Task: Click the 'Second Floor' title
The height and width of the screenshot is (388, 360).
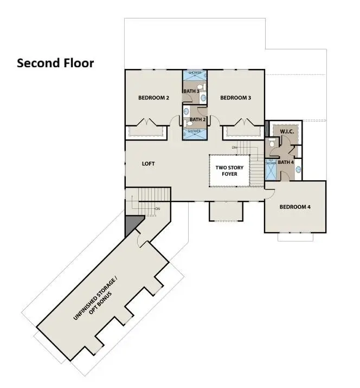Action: click(x=55, y=63)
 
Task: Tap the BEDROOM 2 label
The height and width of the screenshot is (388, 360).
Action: click(x=154, y=98)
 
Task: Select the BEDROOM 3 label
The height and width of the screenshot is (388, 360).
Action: click(x=235, y=98)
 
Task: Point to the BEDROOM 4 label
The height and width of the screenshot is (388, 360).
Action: click(x=295, y=207)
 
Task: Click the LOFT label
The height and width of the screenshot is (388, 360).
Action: click(x=149, y=163)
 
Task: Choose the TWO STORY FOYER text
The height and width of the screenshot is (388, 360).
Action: click(x=229, y=171)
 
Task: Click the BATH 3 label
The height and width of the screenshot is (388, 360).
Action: click(x=190, y=91)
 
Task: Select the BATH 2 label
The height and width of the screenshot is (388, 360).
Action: click(x=196, y=119)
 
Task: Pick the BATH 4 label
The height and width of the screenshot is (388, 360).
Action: click(x=285, y=162)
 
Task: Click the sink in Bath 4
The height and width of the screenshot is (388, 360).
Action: click(x=298, y=169)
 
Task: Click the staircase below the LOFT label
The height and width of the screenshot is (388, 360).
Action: click(x=149, y=201)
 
